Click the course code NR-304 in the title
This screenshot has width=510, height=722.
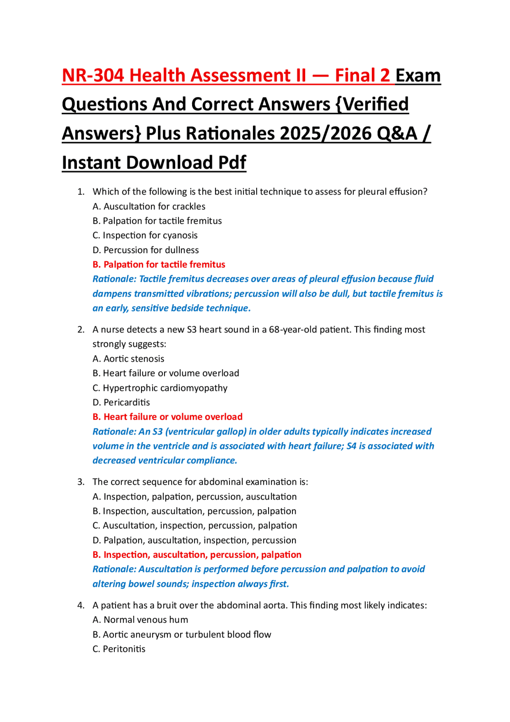(93, 76)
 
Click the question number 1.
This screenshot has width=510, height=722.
(81, 192)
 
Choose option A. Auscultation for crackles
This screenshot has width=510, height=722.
(149, 207)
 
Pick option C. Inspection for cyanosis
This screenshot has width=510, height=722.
(145, 236)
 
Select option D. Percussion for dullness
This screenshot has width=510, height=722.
(146, 250)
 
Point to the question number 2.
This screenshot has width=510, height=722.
(81, 330)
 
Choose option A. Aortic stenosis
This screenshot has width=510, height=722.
(128, 359)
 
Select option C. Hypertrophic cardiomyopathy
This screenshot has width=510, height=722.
(160, 388)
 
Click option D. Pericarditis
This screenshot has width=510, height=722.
(121, 402)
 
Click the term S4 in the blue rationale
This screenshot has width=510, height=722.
(351, 446)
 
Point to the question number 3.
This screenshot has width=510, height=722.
(81, 482)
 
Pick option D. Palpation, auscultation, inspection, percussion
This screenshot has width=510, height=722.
(194, 540)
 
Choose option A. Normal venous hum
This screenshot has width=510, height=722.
(140, 620)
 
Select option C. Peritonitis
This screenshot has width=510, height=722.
(119, 649)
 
